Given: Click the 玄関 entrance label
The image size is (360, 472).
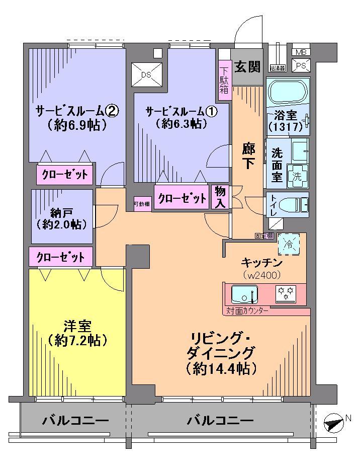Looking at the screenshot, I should coord(247,66).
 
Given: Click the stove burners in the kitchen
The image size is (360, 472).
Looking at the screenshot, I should coord(286,293).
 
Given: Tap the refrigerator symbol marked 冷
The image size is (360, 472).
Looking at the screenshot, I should coord(289,245).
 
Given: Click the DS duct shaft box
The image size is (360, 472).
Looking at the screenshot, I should coord(146,74).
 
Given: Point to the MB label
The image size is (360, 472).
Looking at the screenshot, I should coord(301,52).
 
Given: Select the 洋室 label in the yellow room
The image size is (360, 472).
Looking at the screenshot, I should coord(77,326).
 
